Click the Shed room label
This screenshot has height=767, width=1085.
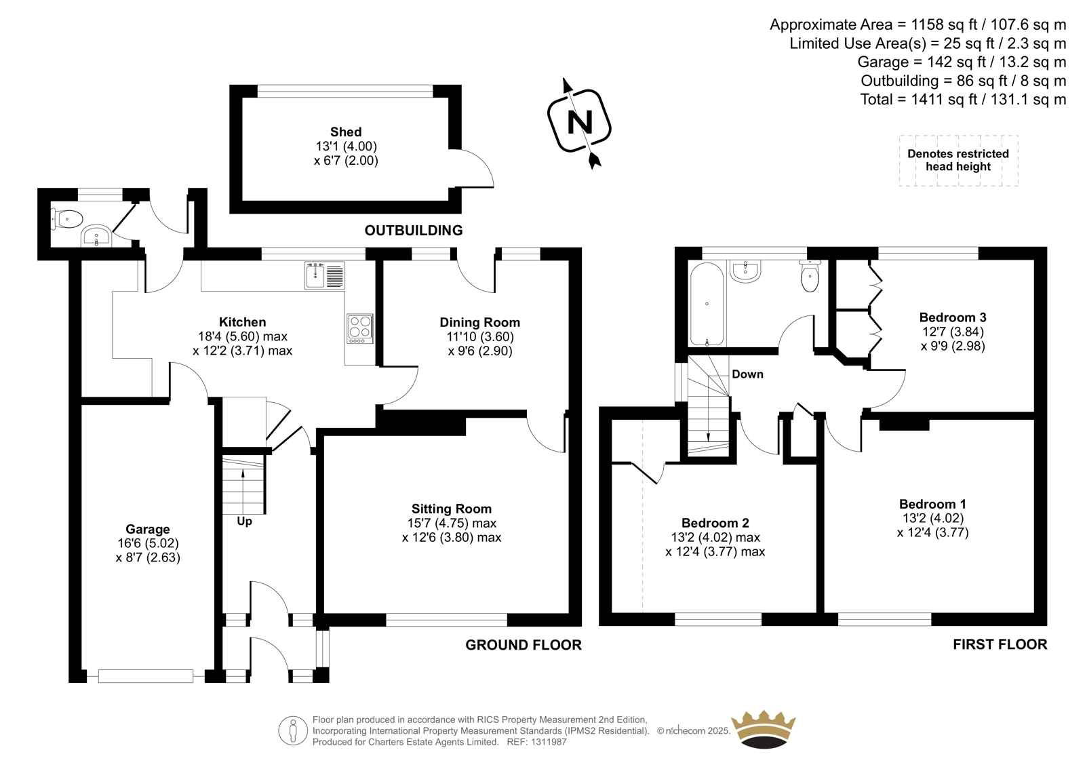(346, 132)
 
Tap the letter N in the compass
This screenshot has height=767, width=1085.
(580, 122)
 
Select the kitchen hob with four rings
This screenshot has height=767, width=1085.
(360, 328)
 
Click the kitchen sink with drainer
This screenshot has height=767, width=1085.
(325, 275)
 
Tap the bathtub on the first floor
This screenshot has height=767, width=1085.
(707, 304)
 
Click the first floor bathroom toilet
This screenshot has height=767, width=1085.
(810, 276)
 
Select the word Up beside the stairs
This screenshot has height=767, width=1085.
(244, 522)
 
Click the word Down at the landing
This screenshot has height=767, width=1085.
(747, 374)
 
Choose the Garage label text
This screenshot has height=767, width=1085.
(148, 529)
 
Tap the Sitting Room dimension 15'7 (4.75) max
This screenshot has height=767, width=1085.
(452, 524)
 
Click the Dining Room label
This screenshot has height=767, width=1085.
(479, 322)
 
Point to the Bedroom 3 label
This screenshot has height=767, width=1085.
(952, 317)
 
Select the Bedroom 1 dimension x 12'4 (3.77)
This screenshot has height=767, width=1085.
(932, 533)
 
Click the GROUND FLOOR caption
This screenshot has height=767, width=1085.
(523, 645)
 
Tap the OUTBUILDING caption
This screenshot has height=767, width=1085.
(414, 231)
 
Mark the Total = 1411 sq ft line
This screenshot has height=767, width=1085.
(963, 99)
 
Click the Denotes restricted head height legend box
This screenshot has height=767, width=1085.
(959, 160)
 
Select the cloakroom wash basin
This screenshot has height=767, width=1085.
(97, 236)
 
